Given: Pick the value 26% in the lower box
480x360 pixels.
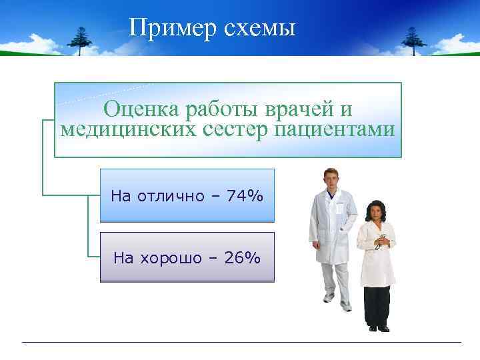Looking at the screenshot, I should tap(243, 258).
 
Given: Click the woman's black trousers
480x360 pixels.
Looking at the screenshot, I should tap(377, 303).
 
